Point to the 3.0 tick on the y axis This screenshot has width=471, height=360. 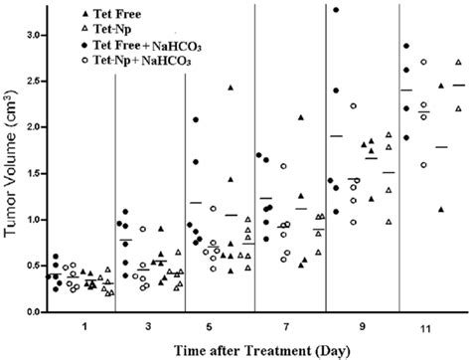[30, 35]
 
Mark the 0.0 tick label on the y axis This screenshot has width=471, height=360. [30, 311]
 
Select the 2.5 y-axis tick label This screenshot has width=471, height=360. [30, 81]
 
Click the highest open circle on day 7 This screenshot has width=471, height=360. [283, 166]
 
